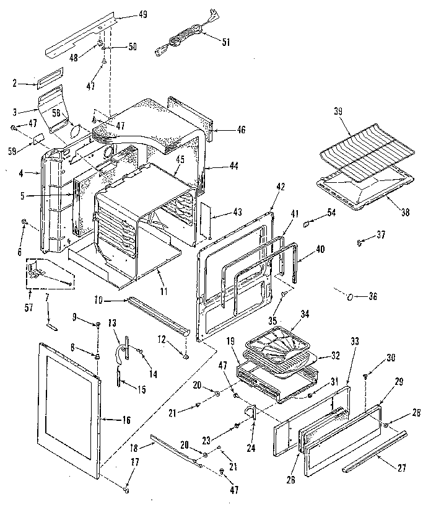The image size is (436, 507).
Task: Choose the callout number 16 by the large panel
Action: tap(126, 420)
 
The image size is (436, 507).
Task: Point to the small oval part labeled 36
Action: tap(351, 296)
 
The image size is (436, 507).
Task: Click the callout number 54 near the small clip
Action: tap(332, 213)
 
